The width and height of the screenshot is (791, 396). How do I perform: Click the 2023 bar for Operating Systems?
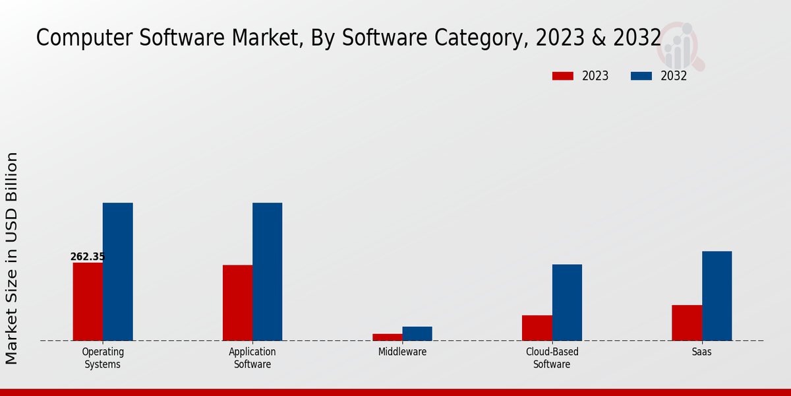pyautogui.click(x=88, y=302)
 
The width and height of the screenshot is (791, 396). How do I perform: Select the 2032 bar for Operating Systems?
pyautogui.click(x=117, y=271)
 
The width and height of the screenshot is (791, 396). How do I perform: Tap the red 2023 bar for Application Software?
pyautogui.click(x=237, y=303)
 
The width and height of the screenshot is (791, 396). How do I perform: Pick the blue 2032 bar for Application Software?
pyautogui.click(x=267, y=271)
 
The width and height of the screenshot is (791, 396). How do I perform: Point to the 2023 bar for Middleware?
pyautogui.click(x=387, y=337)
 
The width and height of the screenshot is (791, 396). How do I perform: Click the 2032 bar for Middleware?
pyautogui.click(x=417, y=333)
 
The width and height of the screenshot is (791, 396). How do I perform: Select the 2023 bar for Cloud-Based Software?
pyautogui.click(x=537, y=328)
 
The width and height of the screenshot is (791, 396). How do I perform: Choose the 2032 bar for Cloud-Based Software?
pyautogui.click(x=567, y=302)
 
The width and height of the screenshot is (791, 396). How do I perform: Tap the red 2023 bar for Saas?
pyautogui.click(x=687, y=323)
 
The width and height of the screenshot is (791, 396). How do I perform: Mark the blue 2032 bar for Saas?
pyautogui.click(x=717, y=296)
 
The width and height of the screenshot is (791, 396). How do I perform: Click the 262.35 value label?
pyautogui.click(x=88, y=257)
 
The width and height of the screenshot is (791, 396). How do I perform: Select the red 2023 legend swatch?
pyautogui.click(x=563, y=76)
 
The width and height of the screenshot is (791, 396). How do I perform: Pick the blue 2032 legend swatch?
pyautogui.click(x=641, y=76)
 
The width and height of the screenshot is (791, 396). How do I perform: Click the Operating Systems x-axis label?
pyautogui.click(x=103, y=358)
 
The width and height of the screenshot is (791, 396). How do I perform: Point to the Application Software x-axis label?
pyautogui.click(x=252, y=358)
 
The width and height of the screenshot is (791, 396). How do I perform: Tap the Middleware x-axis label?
pyautogui.click(x=402, y=352)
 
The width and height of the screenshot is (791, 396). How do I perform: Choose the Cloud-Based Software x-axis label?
pyautogui.click(x=552, y=358)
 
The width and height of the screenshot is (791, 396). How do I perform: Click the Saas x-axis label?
pyautogui.click(x=701, y=352)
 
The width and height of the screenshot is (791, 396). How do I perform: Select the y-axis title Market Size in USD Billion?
pyautogui.click(x=12, y=258)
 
